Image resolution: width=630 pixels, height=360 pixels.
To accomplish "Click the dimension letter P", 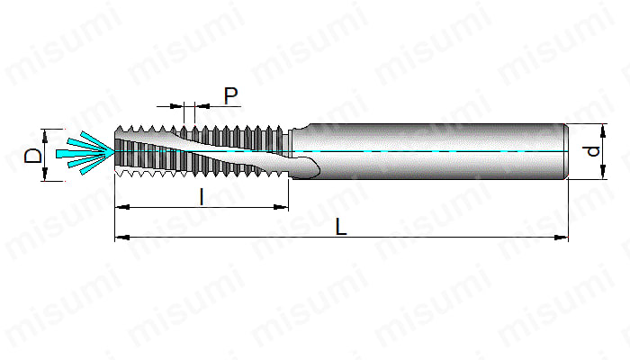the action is pos(230,96).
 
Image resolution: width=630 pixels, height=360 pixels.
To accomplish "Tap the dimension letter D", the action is pos(33,156).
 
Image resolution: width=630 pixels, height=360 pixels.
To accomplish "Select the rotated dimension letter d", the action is pos(593,151).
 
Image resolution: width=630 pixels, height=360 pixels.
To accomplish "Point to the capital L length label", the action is pos(341,227).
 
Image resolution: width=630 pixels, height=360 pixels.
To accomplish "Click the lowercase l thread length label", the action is pos(202,197).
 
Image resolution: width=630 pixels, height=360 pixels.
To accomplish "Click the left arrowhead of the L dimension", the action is pos(121,237).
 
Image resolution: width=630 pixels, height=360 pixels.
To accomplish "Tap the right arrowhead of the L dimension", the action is pos(562,237).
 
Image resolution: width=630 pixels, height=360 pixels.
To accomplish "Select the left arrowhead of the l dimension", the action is pos(122,207).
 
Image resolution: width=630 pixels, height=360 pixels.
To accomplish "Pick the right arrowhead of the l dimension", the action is pos(281,207).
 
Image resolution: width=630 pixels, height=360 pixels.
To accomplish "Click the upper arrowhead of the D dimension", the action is pos(45,136).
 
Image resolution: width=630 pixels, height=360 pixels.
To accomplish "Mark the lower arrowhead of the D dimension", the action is pos(45,175).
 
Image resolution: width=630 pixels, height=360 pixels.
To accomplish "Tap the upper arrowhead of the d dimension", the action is pos(603,131).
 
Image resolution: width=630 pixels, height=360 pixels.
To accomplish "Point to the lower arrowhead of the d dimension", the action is pos(603,172).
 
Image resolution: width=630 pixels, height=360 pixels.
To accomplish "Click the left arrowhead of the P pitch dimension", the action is pos(176,106).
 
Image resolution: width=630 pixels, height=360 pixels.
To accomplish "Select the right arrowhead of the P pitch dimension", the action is pos(202,106).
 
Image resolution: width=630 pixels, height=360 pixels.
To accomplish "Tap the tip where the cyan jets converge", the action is pos(114,151).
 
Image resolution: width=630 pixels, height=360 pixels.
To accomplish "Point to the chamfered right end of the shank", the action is pos(566,151).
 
